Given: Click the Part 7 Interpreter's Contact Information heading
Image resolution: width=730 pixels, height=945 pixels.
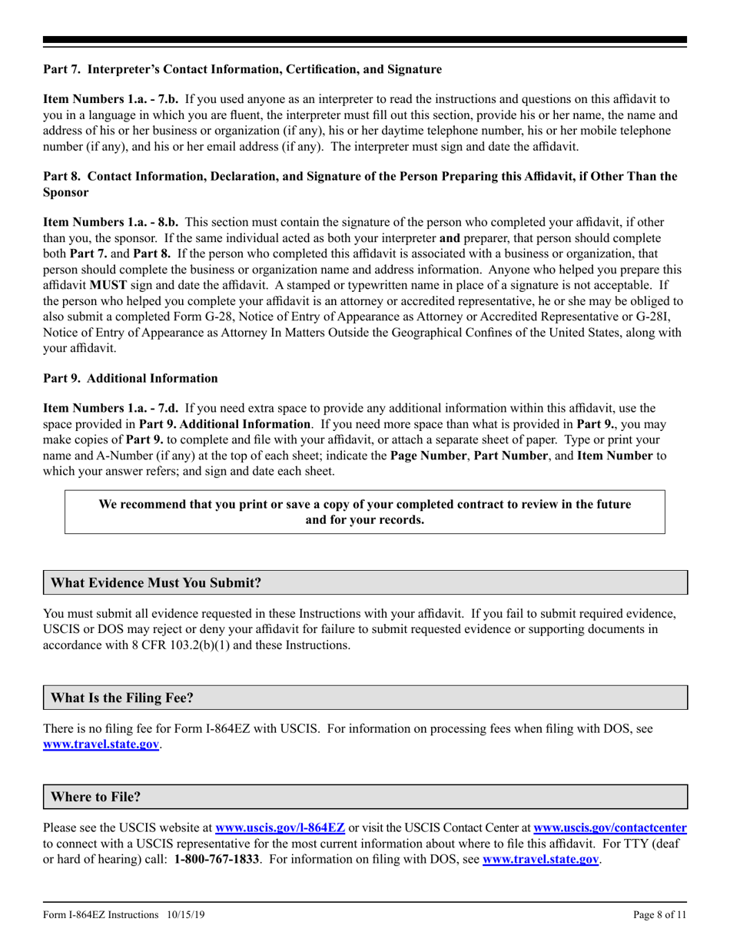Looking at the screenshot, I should [x=242, y=70].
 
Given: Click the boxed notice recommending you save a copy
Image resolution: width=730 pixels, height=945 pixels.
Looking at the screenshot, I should [x=365, y=512].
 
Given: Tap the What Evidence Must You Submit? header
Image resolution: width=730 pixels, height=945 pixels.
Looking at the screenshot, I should [x=156, y=583].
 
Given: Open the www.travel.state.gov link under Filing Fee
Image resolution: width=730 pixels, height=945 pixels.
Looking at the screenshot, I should [x=101, y=744].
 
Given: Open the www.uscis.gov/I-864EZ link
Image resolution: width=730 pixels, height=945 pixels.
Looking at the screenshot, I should [x=280, y=828].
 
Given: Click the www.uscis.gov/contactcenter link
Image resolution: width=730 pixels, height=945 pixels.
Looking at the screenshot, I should [x=609, y=828].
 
